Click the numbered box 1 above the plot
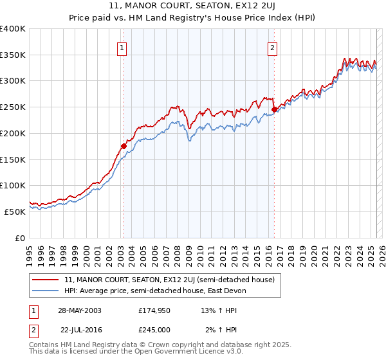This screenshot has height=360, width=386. click(x=122, y=47)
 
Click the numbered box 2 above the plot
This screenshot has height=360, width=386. click(x=272, y=47)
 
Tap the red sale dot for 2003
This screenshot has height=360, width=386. click(x=124, y=146)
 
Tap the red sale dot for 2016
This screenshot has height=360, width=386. click(x=274, y=109)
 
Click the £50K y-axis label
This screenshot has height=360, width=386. click(x=15, y=211)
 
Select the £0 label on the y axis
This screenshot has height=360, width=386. click(x=21, y=237)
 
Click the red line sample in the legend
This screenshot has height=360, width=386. click(x=45, y=280)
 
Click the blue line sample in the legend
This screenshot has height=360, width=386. click(x=45, y=291)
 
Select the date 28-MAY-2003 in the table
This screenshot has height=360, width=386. click(x=80, y=310)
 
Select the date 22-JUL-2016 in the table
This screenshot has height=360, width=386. click(x=80, y=330)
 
